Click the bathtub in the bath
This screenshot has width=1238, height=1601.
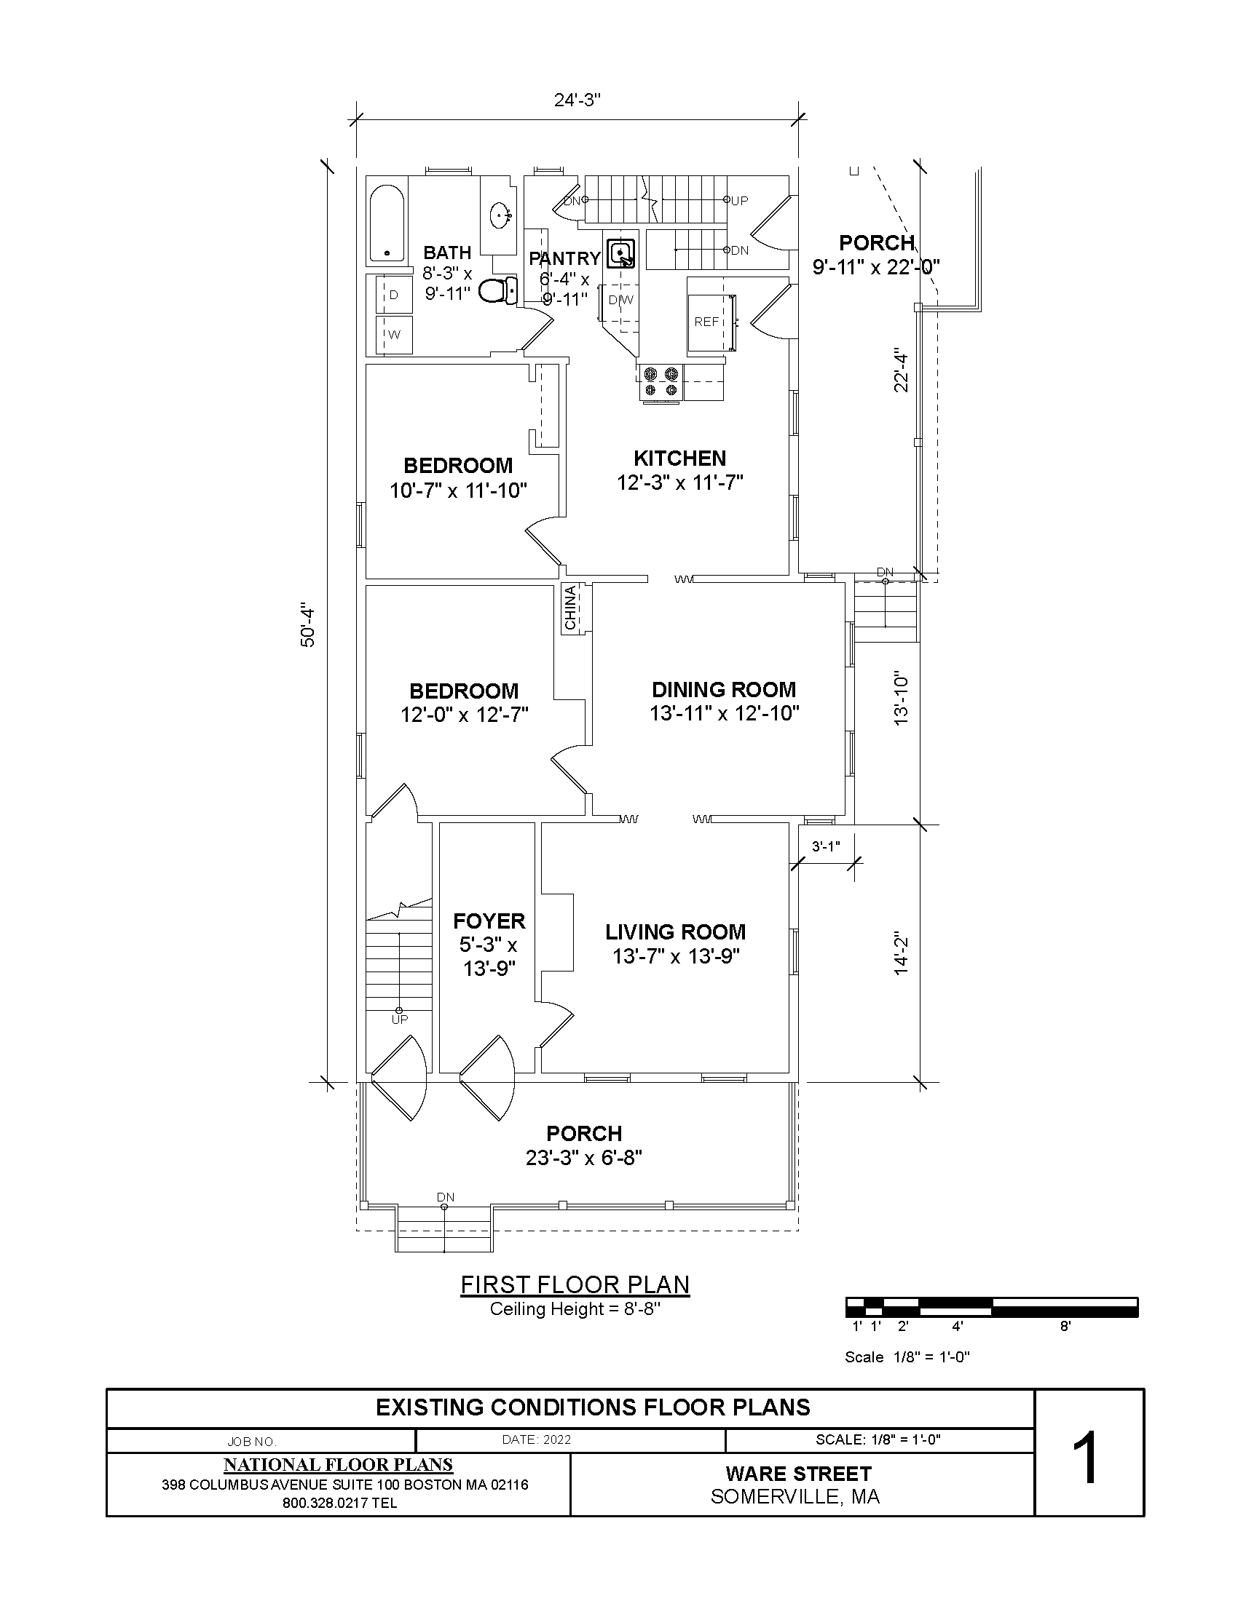tap(386, 223)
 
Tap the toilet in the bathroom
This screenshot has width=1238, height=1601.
tap(498, 291)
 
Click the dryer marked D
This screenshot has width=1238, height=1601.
tap(394, 295)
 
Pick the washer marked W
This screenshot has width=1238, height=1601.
tap(394, 335)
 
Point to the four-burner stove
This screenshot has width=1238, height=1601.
tap(661, 383)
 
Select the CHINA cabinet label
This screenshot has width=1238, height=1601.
tap(571, 608)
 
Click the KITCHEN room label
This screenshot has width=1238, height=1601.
tap(680, 458)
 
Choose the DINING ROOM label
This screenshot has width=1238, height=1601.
tap(724, 689)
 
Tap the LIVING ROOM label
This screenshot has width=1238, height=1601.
tap(676, 931)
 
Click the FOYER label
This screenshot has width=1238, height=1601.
tap(489, 921)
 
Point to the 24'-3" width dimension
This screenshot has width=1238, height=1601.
tap(577, 100)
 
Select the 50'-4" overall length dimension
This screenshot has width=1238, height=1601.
tap(308, 627)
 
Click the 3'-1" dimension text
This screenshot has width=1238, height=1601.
tap(826, 846)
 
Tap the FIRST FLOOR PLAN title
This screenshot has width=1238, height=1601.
tap(575, 1284)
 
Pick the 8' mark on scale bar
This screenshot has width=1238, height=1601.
tap(1065, 1326)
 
